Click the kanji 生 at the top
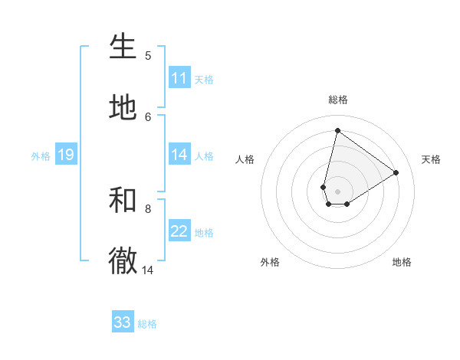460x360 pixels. tap(123, 47)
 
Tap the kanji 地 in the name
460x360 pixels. tap(123, 108)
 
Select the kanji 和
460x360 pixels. tap(123, 200)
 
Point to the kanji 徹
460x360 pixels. tap(123, 261)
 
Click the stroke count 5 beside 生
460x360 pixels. tap(148, 55)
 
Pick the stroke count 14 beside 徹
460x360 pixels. tap(148, 270)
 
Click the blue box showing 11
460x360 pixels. tap(179, 78)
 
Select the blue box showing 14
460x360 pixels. tap(179, 155)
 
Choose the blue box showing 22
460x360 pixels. tap(179, 231)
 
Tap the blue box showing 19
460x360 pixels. tap(65, 155)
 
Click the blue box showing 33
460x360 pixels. tap(123, 322)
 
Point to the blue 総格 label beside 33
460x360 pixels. tap(147, 324)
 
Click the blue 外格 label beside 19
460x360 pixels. tap(41, 156)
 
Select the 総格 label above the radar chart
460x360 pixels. tap(338, 100)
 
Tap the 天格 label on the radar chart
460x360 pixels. tap(431, 159)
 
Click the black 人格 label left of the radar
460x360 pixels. tap(245, 159)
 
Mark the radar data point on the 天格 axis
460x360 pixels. tap(396, 172)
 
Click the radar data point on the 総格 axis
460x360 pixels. tap(337, 130)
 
